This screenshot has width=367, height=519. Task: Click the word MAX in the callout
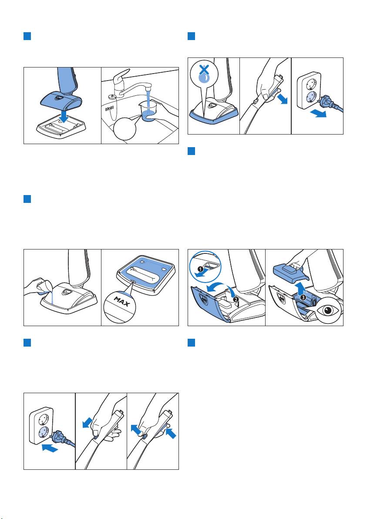point(121,301)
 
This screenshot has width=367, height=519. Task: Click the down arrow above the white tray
point(65,115)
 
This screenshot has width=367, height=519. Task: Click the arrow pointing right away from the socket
point(317,113)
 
